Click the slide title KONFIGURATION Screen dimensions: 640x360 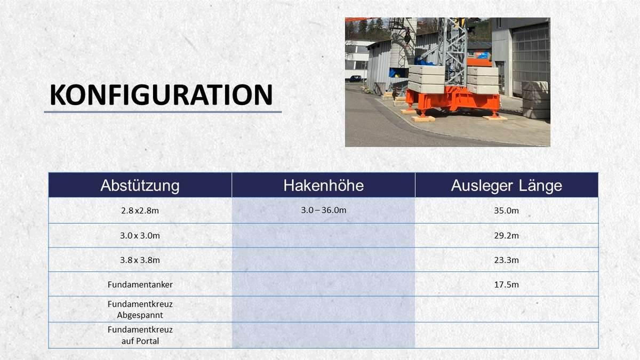click(162, 95)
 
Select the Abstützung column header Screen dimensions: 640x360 click(140, 186)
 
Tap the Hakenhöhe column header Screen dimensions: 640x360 click(323, 186)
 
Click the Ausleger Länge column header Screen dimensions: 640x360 click(507, 186)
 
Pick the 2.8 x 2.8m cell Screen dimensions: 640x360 click(140, 211)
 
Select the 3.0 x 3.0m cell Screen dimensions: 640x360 click(140, 236)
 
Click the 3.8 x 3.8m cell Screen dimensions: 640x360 click(140, 260)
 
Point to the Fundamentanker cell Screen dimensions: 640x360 click(140, 285)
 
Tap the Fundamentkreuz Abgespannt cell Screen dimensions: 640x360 click(140, 309)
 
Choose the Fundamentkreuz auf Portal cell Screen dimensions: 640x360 click(140, 335)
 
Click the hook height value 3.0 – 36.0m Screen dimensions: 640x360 click(323, 210)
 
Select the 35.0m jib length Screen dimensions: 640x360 click(506, 211)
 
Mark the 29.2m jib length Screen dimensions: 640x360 click(506, 236)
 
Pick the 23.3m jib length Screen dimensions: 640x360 click(506, 260)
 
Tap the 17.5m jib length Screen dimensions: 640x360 click(506, 285)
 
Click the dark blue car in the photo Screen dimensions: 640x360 click(355, 78)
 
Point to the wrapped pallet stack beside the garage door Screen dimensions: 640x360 click(536, 100)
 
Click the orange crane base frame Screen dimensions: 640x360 click(453, 101)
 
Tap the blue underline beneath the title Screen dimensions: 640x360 click(163, 112)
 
